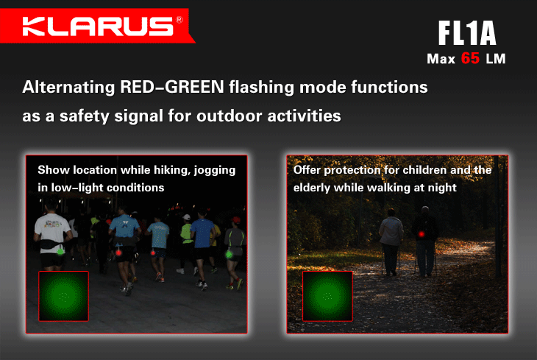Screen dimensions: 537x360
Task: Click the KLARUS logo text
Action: (x=98, y=26)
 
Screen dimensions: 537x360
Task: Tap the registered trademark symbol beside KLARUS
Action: (x=179, y=20)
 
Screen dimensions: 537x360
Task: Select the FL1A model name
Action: (x=467, y=33)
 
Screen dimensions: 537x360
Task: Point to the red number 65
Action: (x=470, y=58)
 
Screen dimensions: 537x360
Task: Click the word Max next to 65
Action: (x=441, y=59)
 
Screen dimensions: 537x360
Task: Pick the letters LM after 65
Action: (x=496, y=59)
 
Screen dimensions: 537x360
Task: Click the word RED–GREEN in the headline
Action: (x=172, y=87)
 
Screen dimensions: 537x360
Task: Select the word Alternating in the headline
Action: (x=68, y=88)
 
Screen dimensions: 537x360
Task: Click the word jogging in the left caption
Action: (x=215, y=170)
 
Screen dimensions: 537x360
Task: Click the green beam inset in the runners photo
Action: (x=64, y=296)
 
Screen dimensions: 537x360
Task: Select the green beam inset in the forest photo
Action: (x=328, y=296)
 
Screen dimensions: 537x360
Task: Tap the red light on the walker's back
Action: (x=422, y=234)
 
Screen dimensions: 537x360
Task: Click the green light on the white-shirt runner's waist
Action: (x=60, y=252)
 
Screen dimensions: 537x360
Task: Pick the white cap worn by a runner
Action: (x=186, y=217)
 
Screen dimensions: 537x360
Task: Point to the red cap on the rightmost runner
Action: (x=235, y=219)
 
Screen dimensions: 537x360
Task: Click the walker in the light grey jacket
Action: (x=391, y=241)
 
